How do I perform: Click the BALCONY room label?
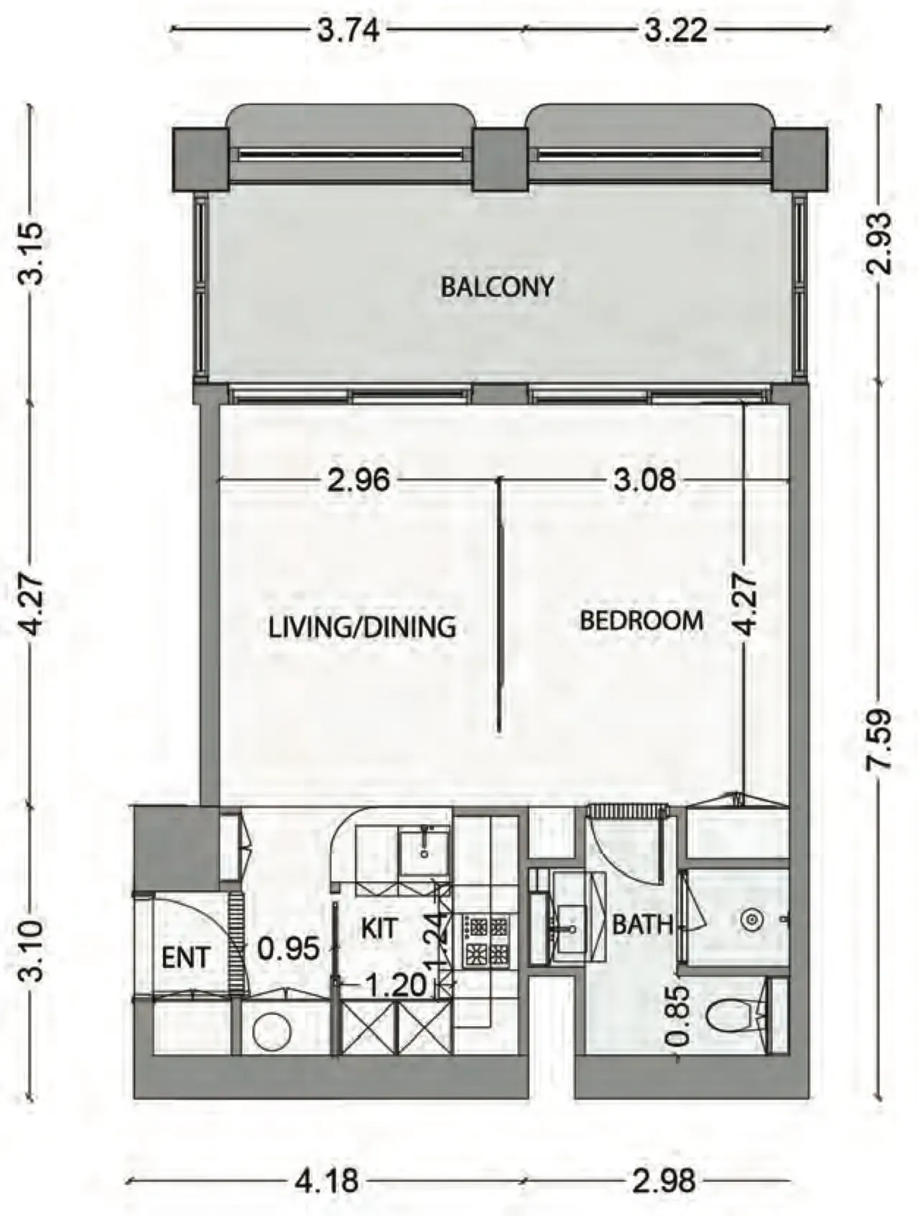coord(497,287)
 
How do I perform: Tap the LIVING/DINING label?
coord(362,627)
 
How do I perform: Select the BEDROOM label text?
coord(641,620)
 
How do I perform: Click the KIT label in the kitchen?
coord(378,928)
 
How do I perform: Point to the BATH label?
coord(642,925)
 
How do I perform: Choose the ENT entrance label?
coord(185,958)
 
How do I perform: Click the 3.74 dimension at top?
coord(348,31)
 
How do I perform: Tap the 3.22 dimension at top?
coord(675,31)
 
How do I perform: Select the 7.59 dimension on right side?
coord(881,740)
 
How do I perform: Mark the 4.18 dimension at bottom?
coord(326,1181)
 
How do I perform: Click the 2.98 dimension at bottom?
coord(664,1181)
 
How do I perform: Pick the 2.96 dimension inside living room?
coord(358,479)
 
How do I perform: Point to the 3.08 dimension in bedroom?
coord(644,479)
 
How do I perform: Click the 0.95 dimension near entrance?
coord(288,949)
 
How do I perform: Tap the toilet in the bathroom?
coord(729,1015)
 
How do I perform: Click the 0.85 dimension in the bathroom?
coord(678,1015)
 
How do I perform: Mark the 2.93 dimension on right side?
coord(881,243)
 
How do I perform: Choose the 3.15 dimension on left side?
coord(32,254)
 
